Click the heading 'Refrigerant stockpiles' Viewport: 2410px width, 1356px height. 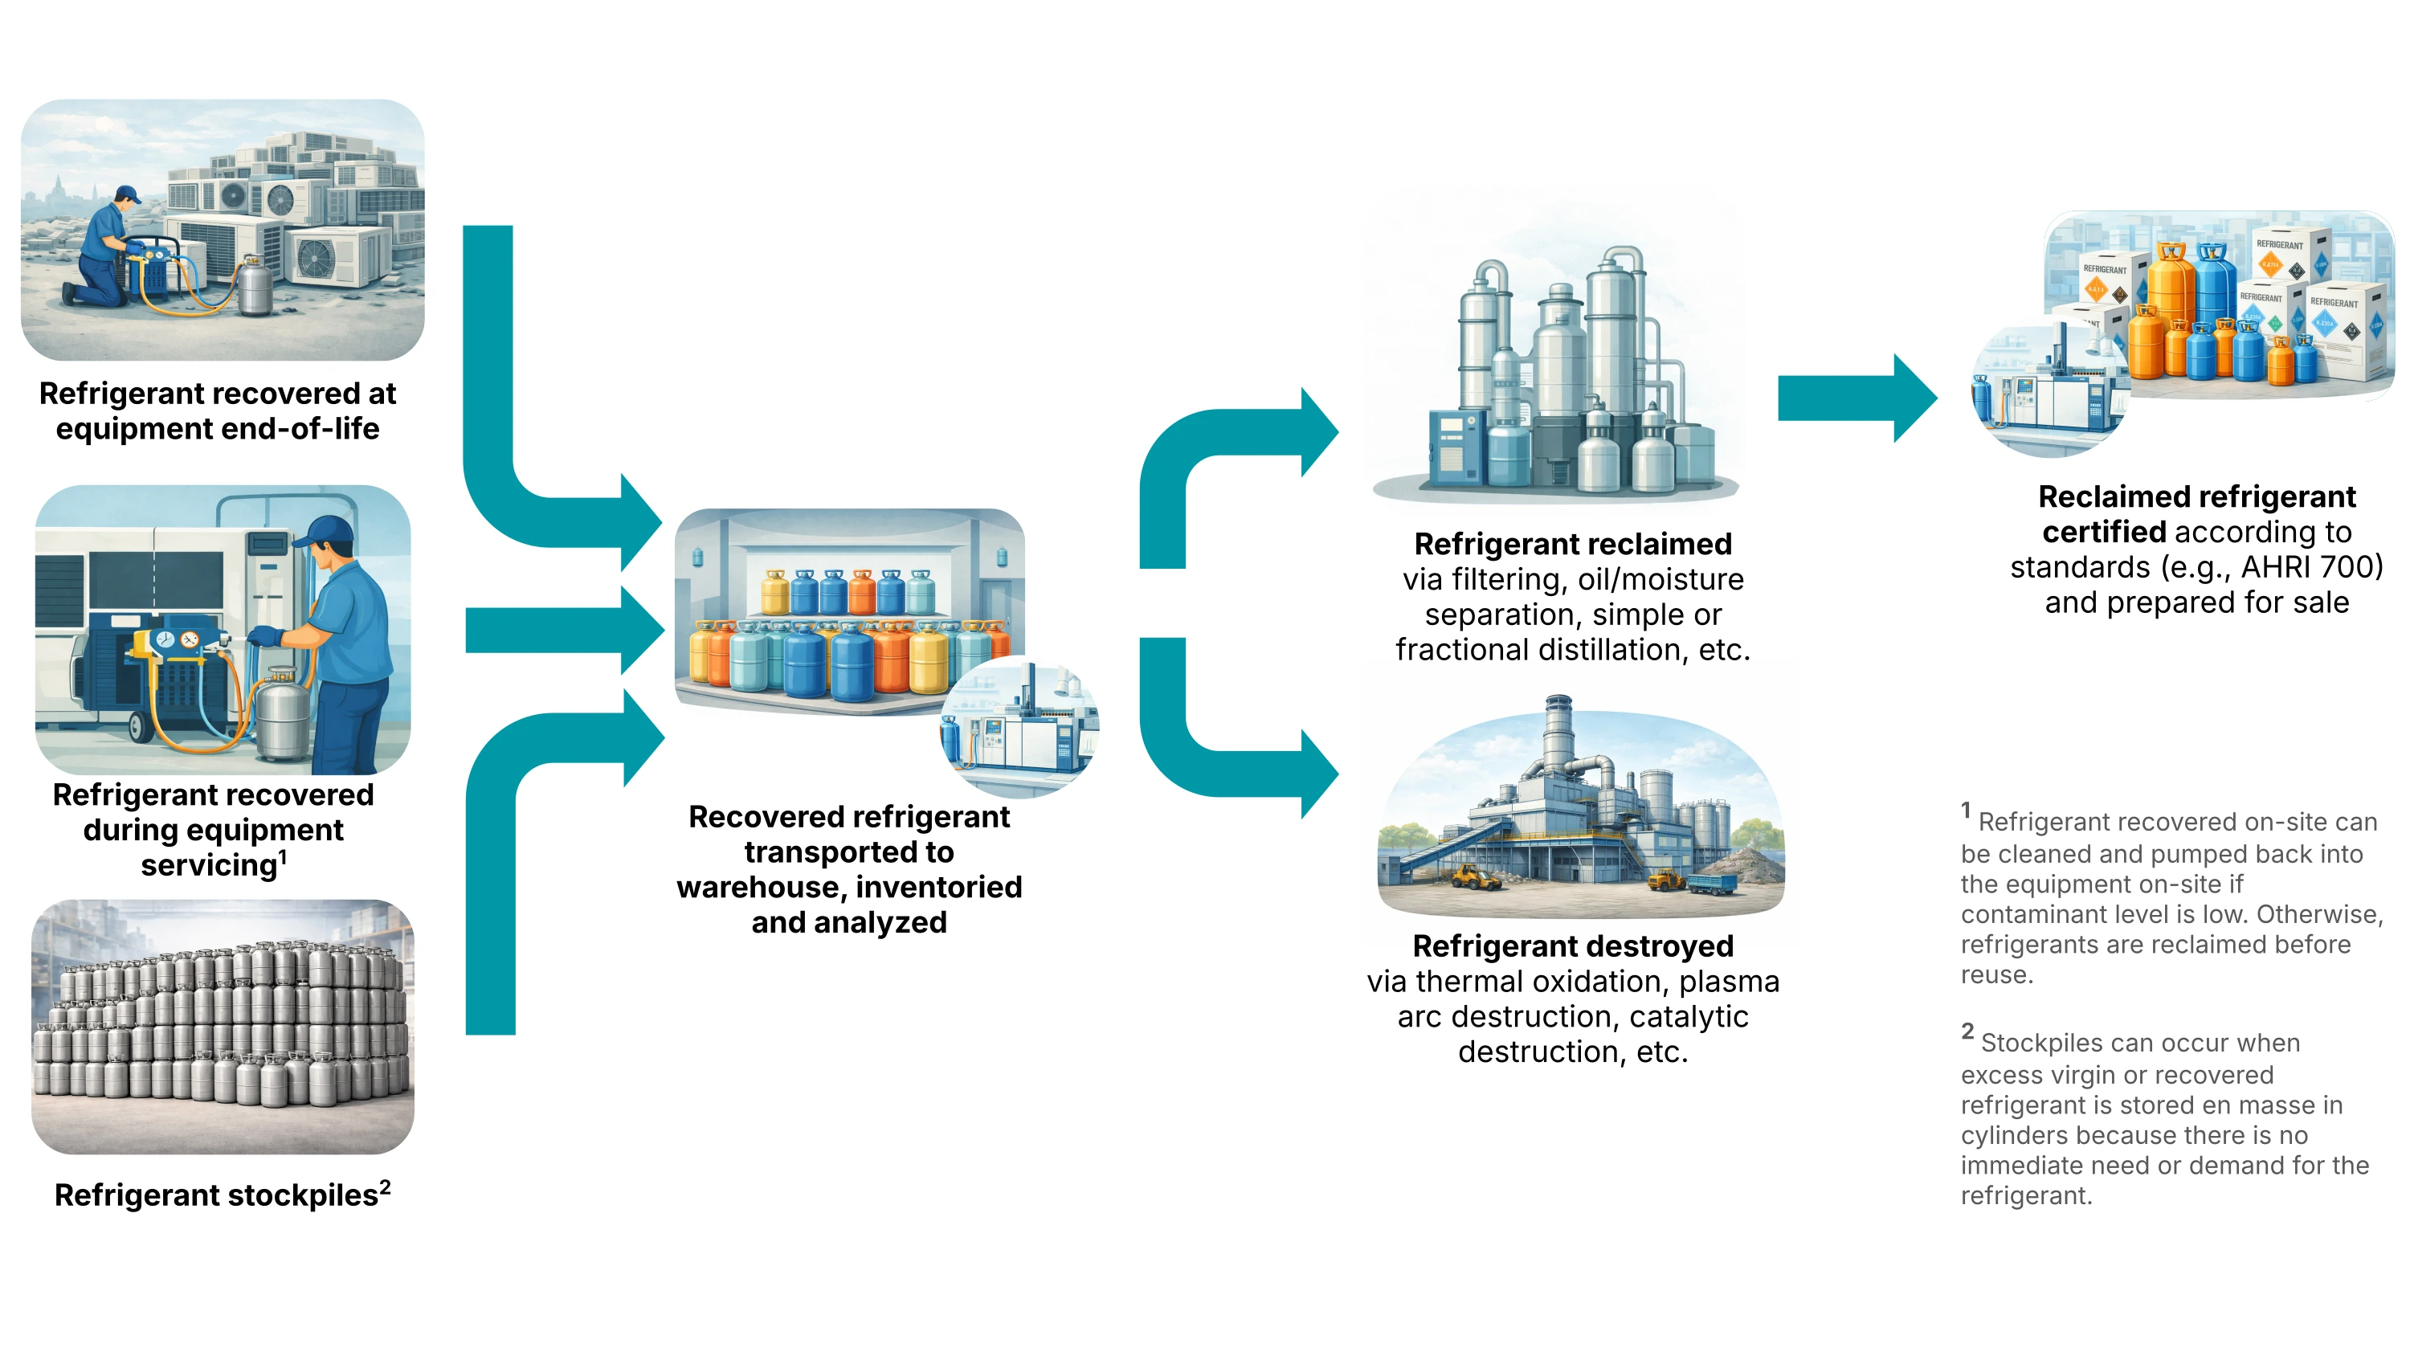coord(215,1195)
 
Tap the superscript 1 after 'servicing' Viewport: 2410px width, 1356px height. coord(284,856)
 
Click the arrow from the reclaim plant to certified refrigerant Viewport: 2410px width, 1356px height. coord(1852,398)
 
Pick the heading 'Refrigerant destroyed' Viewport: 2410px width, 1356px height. coord(1573,946)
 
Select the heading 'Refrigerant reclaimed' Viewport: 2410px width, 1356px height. coord(1573,544)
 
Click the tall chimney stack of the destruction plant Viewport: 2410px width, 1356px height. coord(1558,739)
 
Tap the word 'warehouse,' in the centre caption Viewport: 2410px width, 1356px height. coord(757,887)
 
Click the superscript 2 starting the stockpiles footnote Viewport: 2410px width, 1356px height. coord(1967,1031)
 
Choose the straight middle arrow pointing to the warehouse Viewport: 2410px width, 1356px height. coord(562,630)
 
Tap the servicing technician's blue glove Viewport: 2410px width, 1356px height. coord(265,637)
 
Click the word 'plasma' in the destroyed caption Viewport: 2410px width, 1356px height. coord(1729,982)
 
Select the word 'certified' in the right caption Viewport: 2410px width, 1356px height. coord(2103,532)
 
